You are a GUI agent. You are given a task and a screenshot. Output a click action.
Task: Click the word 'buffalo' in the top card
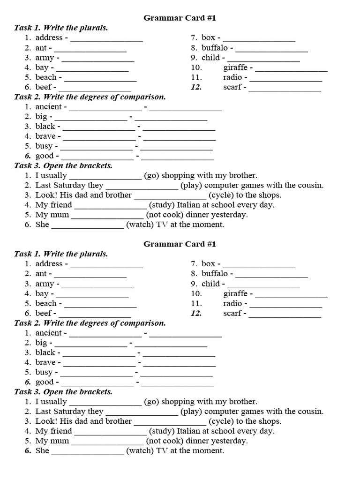pos(215,48)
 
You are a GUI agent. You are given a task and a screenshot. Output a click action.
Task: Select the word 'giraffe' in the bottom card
pos(235,293)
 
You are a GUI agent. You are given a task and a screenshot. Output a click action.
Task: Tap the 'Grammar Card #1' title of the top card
pos(180,18)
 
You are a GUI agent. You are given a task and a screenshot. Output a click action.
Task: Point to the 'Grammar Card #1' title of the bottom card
pos(180,244)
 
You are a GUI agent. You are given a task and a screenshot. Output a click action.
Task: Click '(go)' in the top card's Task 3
pos(152,175)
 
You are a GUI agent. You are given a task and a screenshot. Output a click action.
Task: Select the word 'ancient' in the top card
pos(48,106)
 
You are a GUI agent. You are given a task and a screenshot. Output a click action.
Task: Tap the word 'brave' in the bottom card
pos(45,362)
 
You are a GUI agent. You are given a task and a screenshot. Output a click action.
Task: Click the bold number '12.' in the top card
pos(196,87)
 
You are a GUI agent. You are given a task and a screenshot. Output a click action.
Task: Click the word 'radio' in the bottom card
pos(232,303)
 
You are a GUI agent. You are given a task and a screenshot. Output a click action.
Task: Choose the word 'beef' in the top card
pos(43,87)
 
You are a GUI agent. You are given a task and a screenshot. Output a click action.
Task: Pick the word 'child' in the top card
pos(210,58)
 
